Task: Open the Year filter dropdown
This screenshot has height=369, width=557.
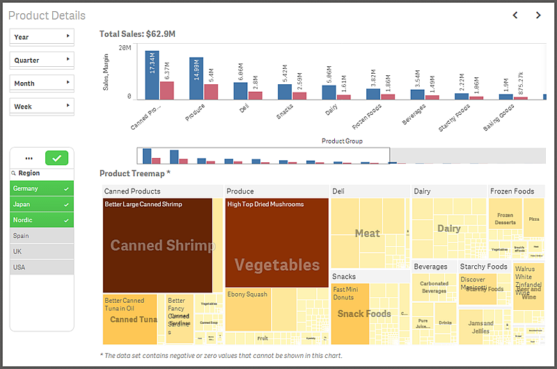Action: [42, 37]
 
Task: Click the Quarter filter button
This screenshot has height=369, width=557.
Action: [42, 60]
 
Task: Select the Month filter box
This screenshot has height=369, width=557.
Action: [42, 83]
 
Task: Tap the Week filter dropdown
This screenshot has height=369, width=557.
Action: [42, 107]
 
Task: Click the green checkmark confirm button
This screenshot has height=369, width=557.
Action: [56, 158]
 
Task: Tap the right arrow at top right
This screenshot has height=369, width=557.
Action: [538, 15]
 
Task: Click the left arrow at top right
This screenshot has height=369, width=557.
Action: [515, 15]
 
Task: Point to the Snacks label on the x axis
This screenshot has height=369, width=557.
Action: [285, 113]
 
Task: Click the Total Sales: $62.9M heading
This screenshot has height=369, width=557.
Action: [137, 33]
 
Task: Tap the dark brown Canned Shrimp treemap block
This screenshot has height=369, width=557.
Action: [157, 245]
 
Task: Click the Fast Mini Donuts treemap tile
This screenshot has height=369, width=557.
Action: [350, 313]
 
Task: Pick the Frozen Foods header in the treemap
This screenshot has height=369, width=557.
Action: [512, 191]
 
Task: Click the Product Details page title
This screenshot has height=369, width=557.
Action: [47, 15]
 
